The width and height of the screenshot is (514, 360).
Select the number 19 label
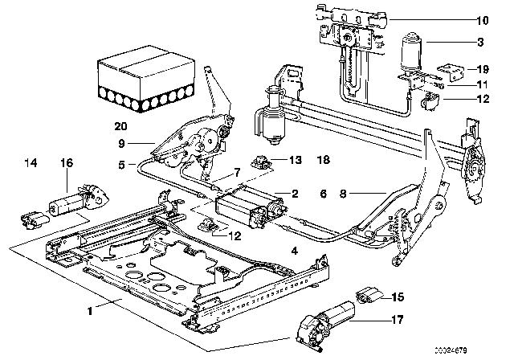[481, 69]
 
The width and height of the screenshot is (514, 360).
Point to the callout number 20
[120, 126]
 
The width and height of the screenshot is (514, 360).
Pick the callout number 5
[121, 166]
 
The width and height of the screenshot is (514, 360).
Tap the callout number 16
[67, 163]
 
